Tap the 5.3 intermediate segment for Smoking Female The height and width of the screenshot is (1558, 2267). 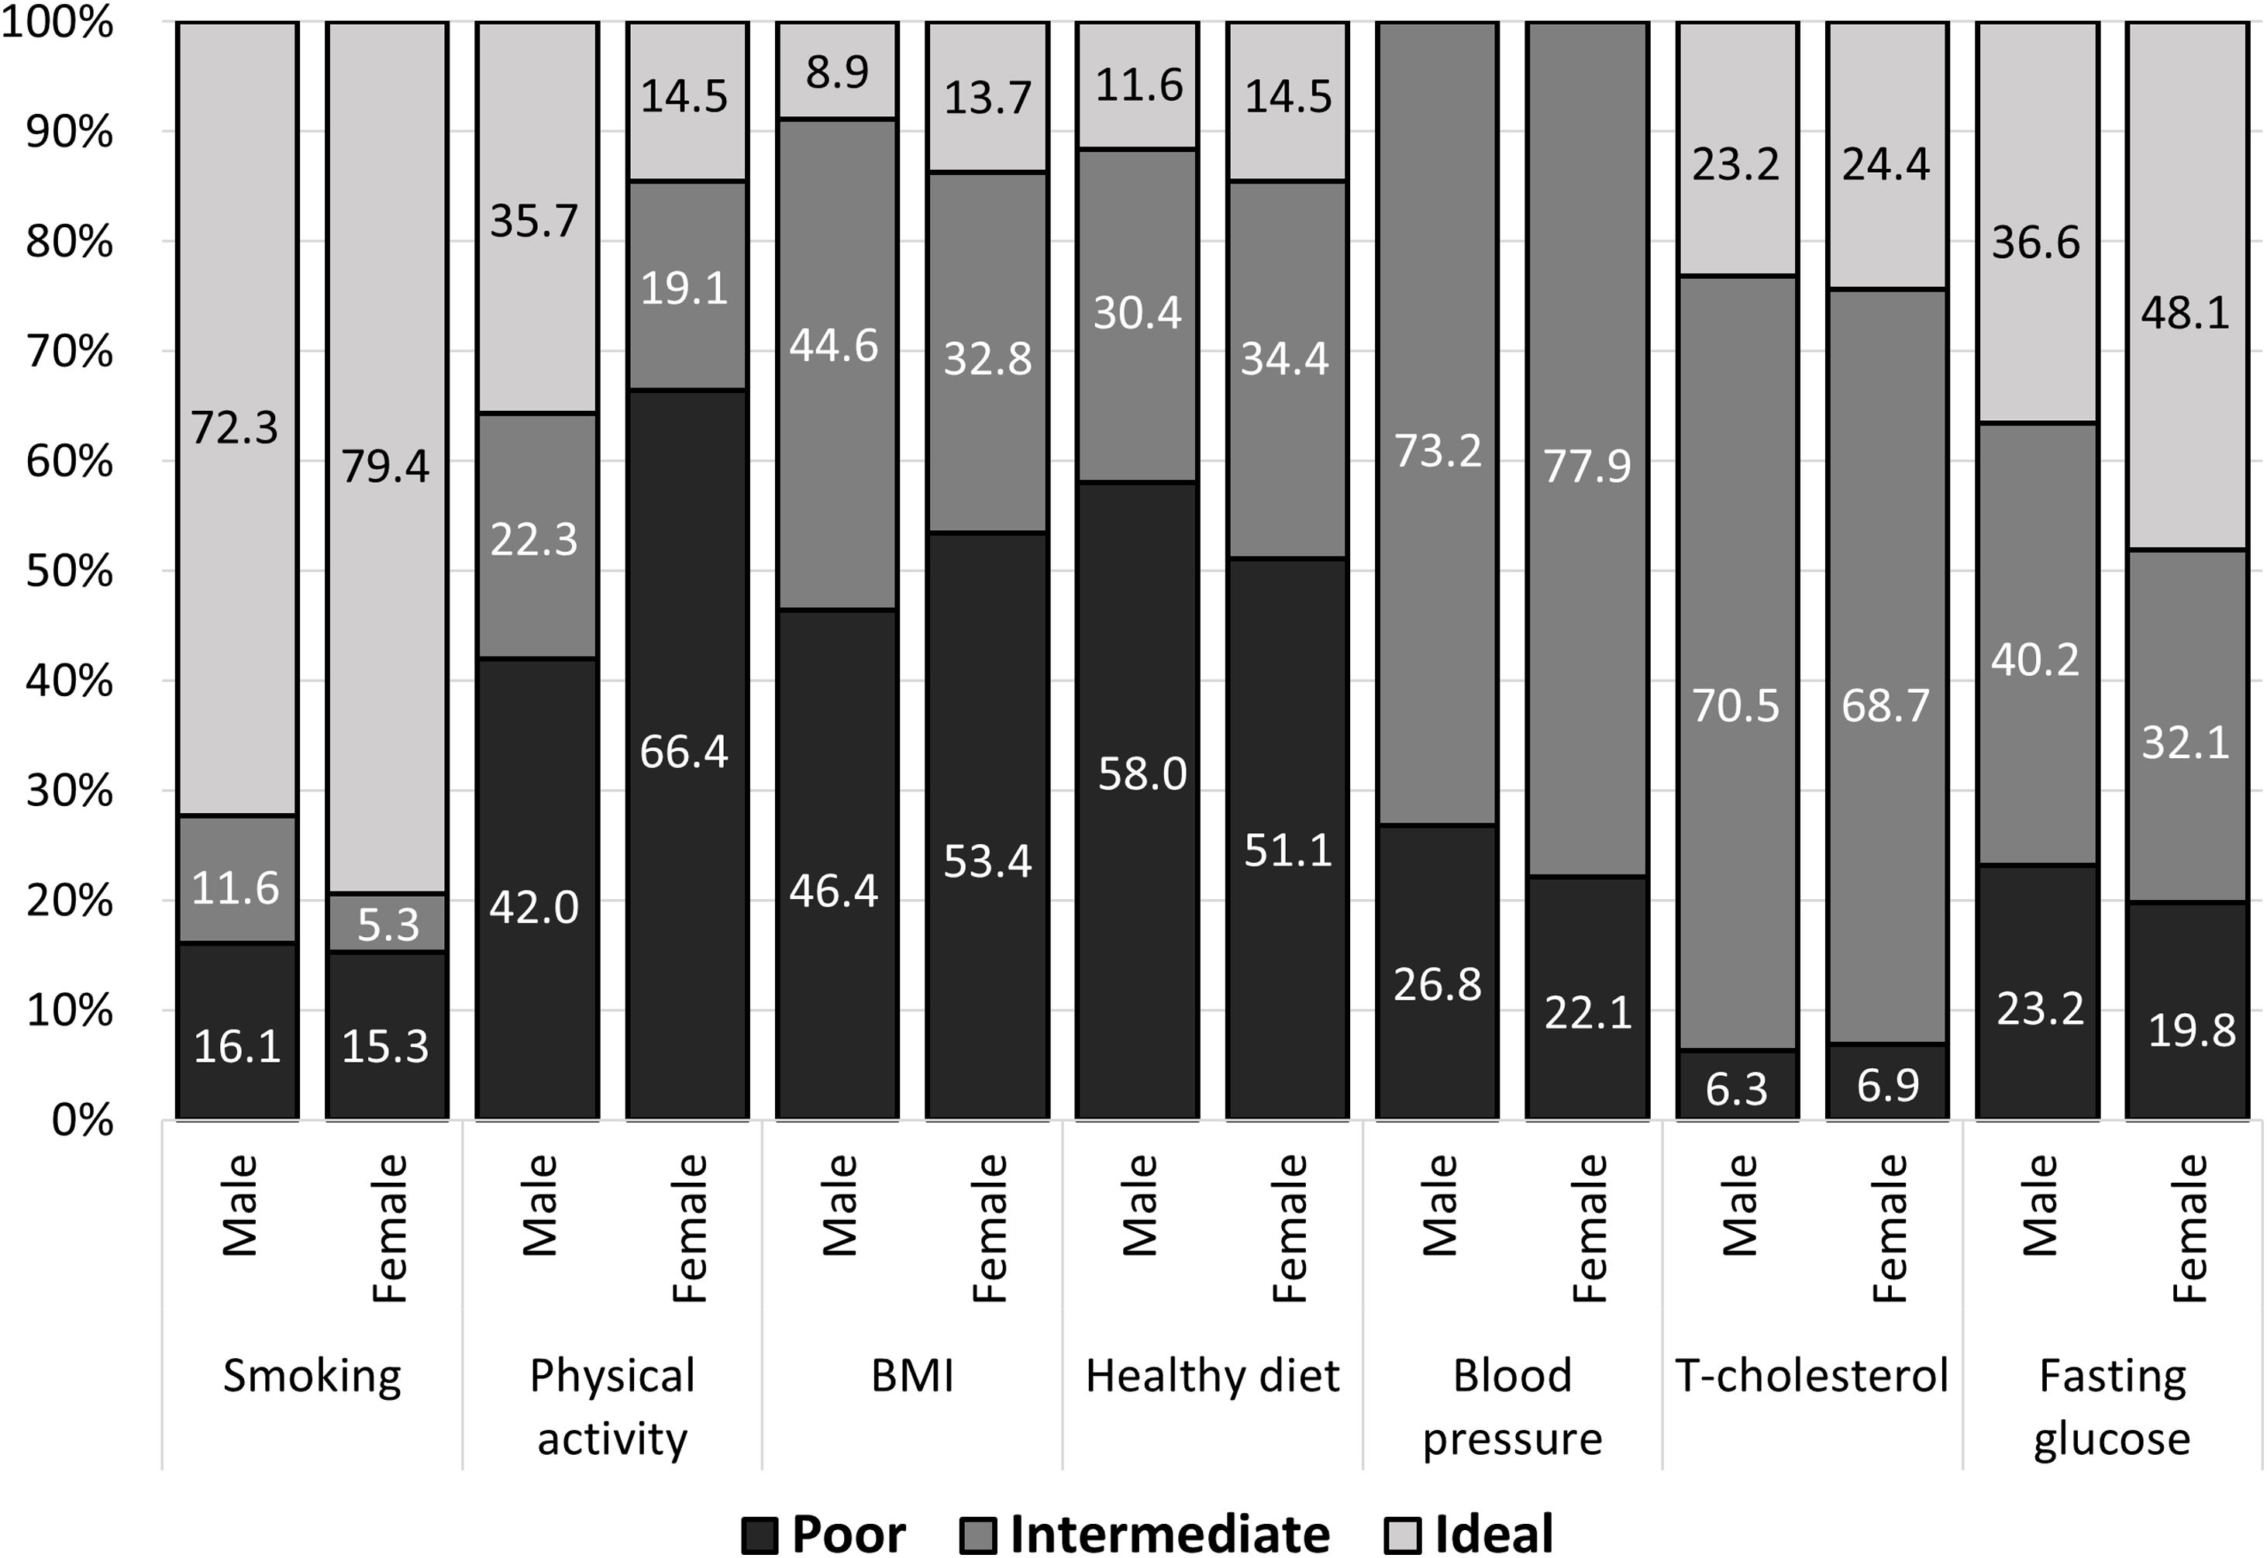(x=388, y=923)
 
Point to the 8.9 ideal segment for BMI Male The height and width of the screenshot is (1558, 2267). (x=836, y=71)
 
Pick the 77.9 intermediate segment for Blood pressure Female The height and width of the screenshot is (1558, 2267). (x=1587, y=467)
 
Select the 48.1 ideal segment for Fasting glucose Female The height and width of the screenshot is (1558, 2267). (x=2186, y=313)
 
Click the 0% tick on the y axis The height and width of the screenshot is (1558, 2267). (x=83, y=1121)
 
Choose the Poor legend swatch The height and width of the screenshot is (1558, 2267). (x=760, y=1535)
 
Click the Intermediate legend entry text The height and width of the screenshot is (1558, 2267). (x=1169, y=1535)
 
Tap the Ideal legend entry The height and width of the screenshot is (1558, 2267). (x=1493, y=1535)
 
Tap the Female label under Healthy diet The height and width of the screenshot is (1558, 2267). (x=1289, y=1228)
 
